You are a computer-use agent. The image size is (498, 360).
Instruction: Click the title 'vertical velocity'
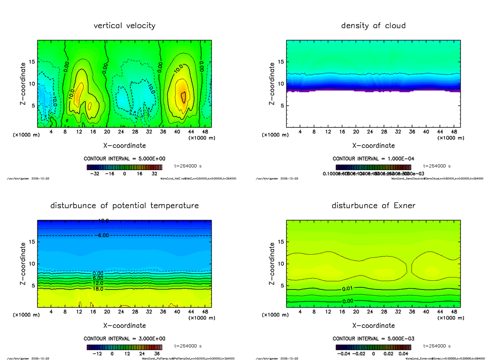click(124, 26)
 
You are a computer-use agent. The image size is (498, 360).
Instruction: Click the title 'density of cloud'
click(373, 26)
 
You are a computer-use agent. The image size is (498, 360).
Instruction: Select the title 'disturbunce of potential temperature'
click(124, 206)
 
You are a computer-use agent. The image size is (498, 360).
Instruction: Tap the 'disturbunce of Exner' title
click(373, 206)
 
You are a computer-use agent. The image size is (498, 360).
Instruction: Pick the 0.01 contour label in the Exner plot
click(348, 289)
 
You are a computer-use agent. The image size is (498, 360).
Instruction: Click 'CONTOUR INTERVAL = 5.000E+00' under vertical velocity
click(124, 159)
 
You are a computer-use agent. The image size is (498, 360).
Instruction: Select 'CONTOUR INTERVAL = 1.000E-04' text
click(373, 159)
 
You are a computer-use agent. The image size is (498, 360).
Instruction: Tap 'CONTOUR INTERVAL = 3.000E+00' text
click(124, 339)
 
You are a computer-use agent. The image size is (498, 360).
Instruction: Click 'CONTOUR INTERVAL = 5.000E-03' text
click(373, 339)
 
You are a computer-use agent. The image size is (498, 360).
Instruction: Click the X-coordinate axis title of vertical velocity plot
click(124, 146)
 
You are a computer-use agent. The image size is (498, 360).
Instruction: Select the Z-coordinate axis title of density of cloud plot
click(272, 84)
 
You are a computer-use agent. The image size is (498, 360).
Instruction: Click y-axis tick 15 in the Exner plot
click(281, 242)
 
